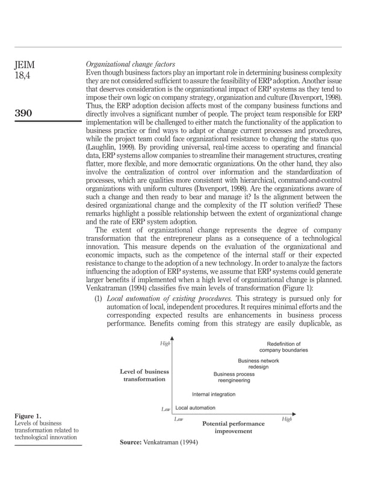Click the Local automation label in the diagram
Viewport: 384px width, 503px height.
[x=195, y=408]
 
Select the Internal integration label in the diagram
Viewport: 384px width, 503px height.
[x=214, y=395]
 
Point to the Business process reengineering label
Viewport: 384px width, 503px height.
[x=234, y=377]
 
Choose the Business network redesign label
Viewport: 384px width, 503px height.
[x=258, y=363]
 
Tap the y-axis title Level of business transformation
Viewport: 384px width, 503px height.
[x=144, y=375]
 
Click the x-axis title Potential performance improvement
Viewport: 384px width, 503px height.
[x=233, y=427]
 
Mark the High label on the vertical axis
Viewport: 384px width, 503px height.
[x=164, y=344]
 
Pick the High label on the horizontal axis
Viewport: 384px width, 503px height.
[x=286, y=419]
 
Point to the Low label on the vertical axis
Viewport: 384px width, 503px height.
[x=166, y=409]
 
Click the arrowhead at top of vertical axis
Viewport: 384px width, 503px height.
[x=172, y=338]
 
